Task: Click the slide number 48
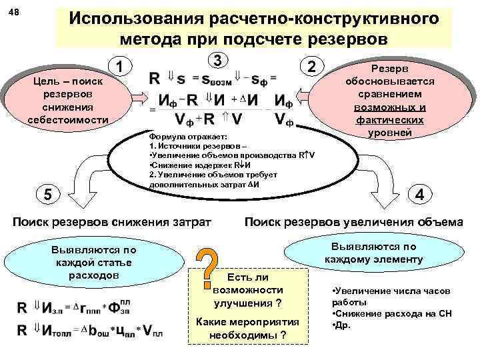pyautogui.click(x=14, y=13)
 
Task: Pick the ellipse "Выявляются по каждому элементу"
pyautogui.click(x=374, y=252)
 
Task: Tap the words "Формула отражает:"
pyautogui.click(x=175, y=136)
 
